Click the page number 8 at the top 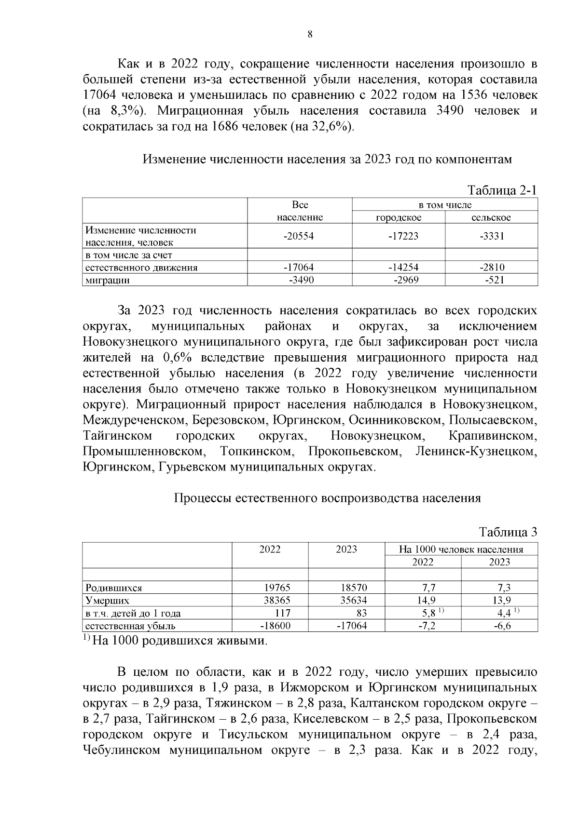pos(310,34)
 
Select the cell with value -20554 pos(300,236)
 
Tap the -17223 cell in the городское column pos(399,236)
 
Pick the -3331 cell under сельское pos(491,236)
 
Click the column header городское pos(399,218)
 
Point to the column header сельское pos(491,218)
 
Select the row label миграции pos(108,280)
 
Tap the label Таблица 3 pos(508,533)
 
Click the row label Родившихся pos(114,588)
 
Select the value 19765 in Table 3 pos(277,588)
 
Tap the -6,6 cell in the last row pos(501,626)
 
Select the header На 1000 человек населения pos(461,550)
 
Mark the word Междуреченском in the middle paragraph pos(134,420)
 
